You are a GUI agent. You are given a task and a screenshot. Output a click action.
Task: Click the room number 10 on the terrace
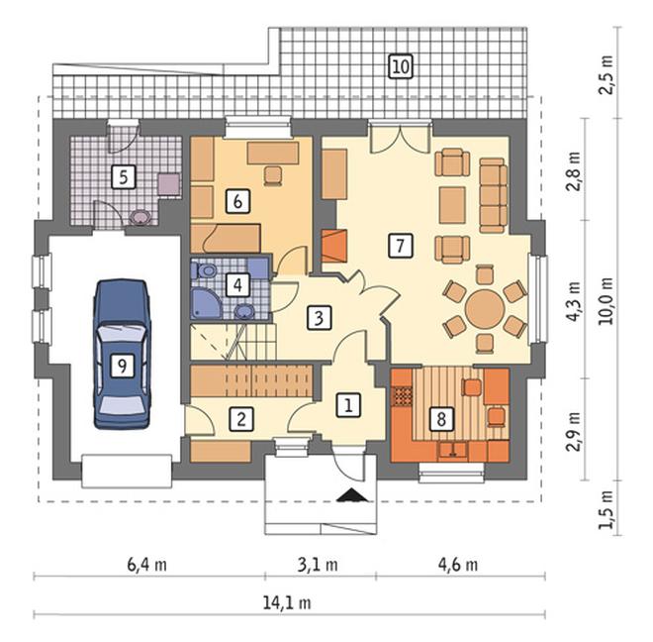coord(401,66)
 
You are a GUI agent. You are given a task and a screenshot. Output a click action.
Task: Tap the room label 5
coord(124,177)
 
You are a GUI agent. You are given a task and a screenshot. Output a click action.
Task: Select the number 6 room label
coord(237,201)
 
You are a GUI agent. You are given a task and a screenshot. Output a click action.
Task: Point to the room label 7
coord(401,246)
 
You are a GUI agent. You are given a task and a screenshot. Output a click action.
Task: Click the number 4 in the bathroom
coord(237,285)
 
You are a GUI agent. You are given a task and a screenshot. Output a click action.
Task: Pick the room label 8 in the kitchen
coord(441,418)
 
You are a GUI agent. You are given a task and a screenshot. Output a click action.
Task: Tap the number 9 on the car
coord(122,366)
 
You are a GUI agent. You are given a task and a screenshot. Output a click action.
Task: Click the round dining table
coord(485,309)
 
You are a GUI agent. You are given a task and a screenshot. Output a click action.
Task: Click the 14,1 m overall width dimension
coord(287,602)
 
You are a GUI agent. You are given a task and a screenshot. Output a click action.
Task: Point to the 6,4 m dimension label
coord(146,565)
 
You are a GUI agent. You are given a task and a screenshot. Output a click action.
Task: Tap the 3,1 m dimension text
coord(318,565)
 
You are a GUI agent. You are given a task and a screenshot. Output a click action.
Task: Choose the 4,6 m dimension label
coord(458,565)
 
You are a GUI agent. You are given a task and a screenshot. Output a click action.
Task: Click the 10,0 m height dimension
coord(606,300)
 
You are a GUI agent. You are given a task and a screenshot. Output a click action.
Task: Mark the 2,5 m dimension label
coord(606,74)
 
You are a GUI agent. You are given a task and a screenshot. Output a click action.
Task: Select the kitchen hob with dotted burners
coord(403,396)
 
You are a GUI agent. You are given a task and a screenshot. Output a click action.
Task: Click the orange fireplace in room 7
coord(334,246)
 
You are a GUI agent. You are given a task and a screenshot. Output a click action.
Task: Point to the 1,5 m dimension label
coord(606,509)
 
